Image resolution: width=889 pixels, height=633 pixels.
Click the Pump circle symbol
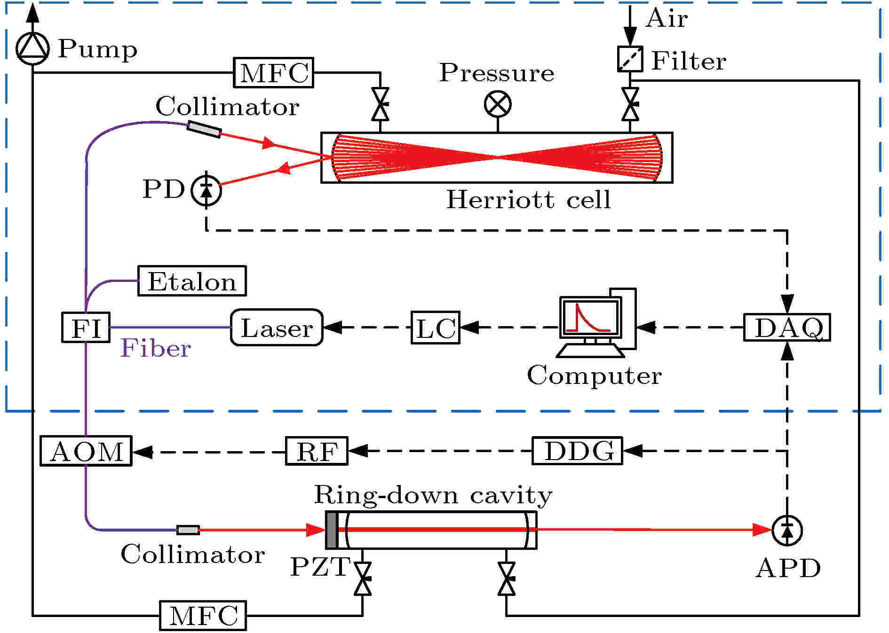32,48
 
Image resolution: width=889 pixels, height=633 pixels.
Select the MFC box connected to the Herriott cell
274,73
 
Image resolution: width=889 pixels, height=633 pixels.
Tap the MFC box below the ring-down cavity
203,615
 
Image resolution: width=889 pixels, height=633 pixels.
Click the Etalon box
192,281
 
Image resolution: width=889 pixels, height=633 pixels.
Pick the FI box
86,327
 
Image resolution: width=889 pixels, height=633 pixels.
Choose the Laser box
277,328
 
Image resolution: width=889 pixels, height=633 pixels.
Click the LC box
436,328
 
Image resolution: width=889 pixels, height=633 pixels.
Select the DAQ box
787,328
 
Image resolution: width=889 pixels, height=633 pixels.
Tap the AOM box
86,451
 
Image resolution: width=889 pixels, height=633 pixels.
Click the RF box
317,451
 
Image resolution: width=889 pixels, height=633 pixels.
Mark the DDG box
578,451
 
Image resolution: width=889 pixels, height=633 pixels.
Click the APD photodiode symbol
787,531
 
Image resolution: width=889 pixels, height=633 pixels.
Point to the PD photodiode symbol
206,190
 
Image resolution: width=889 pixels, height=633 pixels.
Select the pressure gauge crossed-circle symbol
498,104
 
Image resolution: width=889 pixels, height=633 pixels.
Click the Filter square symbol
630,59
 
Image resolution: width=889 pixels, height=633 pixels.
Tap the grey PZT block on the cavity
332,530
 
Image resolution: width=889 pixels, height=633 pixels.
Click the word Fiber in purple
156,349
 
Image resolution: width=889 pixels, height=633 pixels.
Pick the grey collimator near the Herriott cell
204,129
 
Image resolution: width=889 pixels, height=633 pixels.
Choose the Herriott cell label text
528,200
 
